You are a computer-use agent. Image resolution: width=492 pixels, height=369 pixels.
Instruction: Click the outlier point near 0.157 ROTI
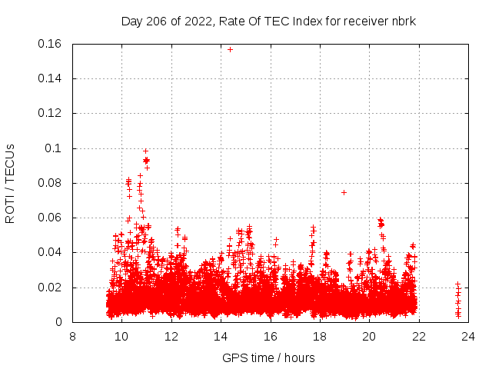[230, 49]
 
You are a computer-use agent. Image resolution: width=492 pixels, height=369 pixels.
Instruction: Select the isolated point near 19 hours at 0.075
[344, 192]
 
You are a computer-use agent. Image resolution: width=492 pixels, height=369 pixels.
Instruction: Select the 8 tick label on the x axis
[72, 336]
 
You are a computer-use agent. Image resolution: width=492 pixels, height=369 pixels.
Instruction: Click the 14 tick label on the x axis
[221, 336]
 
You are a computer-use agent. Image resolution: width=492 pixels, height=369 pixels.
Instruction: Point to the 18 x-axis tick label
[319, 336]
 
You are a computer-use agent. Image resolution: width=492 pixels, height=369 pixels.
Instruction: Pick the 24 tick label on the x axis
[467, 336]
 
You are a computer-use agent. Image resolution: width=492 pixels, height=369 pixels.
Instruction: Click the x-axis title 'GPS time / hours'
[268, 357]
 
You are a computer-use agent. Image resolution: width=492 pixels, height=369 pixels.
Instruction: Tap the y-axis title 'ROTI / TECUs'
[10, 183]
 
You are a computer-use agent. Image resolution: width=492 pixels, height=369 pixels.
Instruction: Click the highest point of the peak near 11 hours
[145, 151]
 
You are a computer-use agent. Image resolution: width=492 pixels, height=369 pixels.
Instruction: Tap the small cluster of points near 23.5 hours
[458, 300]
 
